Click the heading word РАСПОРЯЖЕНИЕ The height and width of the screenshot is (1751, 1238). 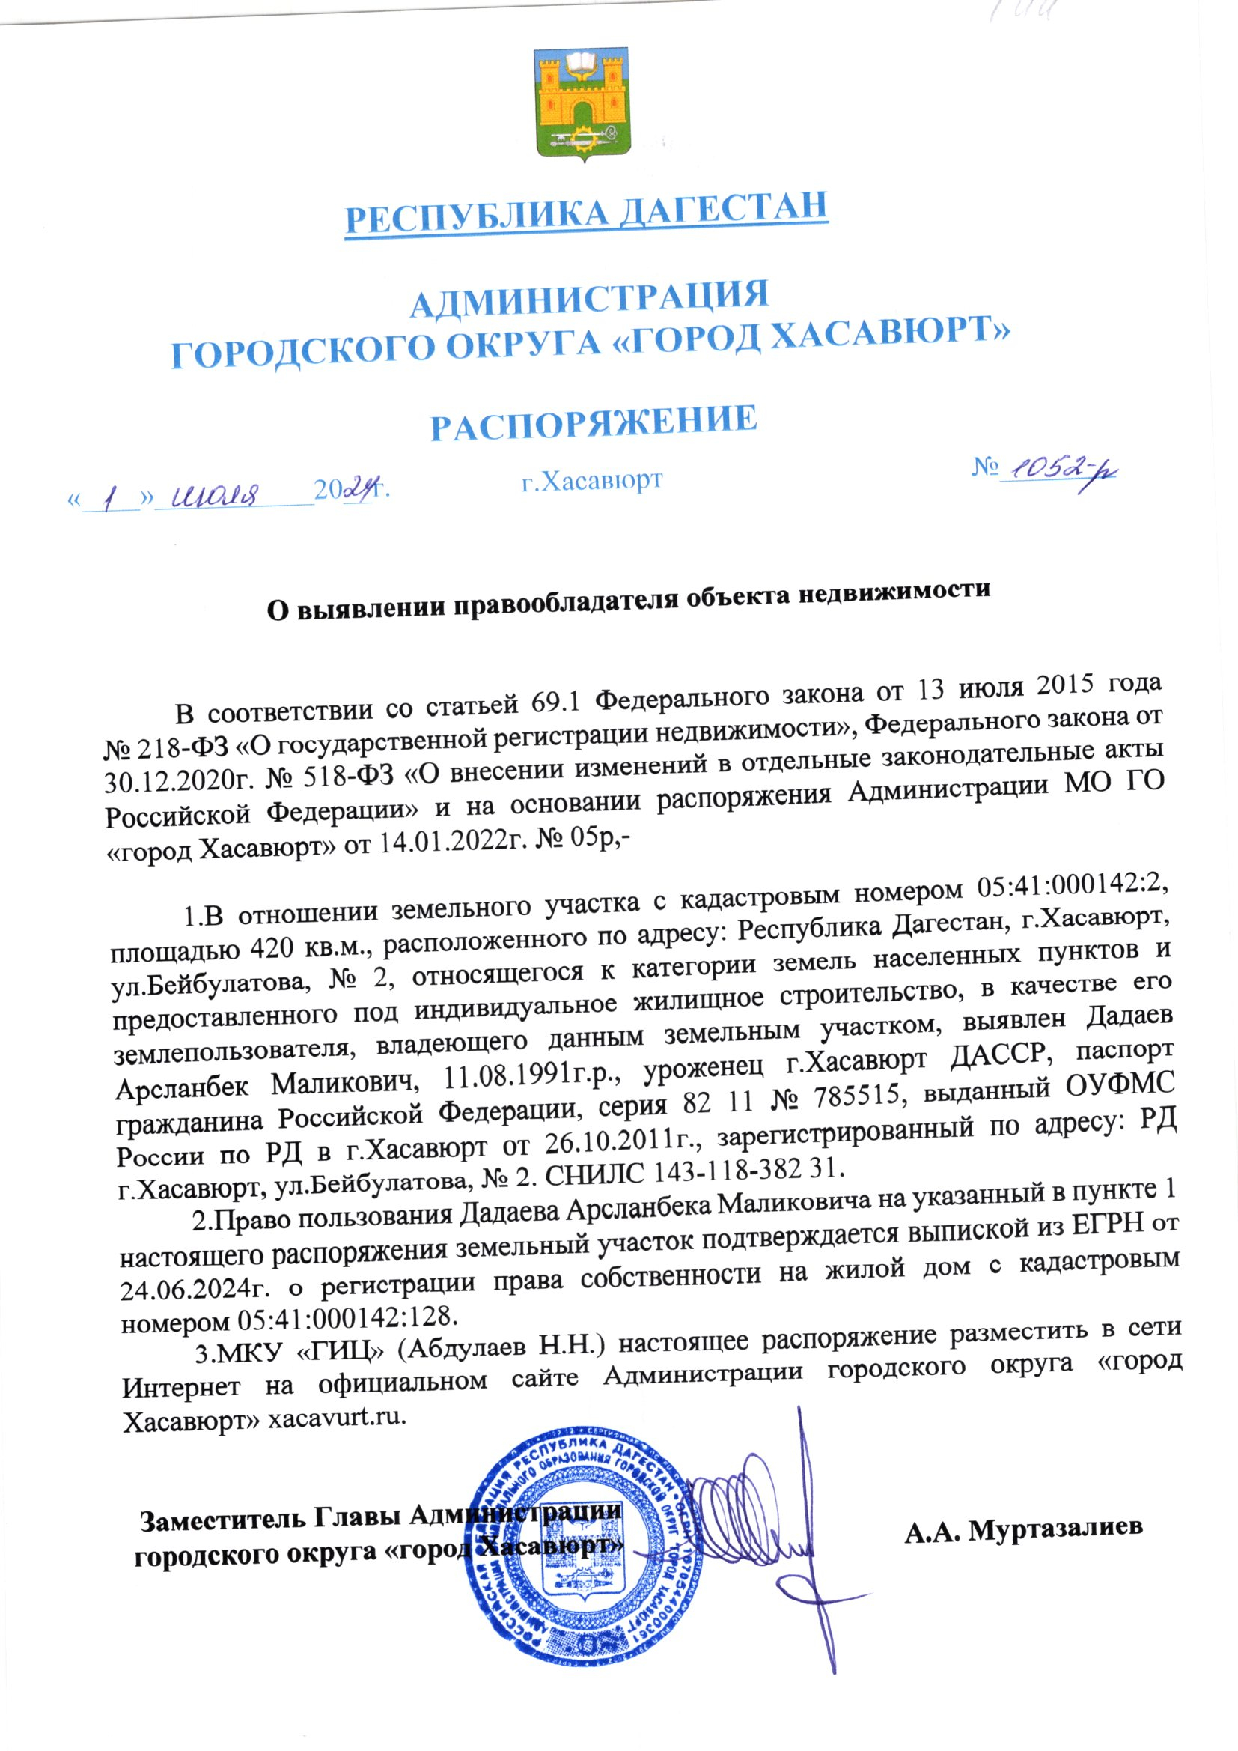click(594, 422)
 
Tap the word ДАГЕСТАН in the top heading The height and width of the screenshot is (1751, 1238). click(722, 210)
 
